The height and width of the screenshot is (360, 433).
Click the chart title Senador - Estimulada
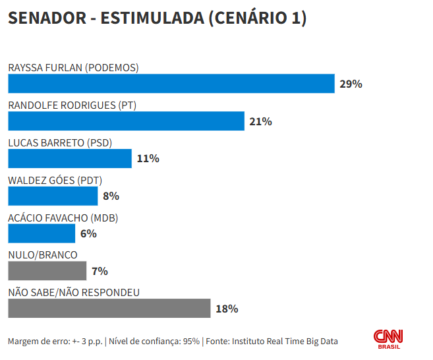click(x=157, y=18)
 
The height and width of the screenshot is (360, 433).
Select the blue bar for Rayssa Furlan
click(x=171, y=84)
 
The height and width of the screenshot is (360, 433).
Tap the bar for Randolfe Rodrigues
click(x=126, y=121)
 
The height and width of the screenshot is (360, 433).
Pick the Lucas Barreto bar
click(x=70, y=158)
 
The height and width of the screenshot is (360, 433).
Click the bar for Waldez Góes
click(x=53, y=196)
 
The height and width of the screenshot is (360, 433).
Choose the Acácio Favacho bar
click(x=42, y=233)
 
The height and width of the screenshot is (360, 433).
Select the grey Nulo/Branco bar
click(x=47, y=271)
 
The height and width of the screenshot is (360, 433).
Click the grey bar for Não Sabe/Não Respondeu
click(x=109, y=309)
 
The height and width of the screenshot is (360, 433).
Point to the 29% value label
click(x=351, y=84)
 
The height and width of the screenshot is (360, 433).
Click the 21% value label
click(x=260, y=122)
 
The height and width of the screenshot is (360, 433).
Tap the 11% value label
click(x=148, y=159)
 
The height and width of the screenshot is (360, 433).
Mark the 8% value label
click(x=111, y=196)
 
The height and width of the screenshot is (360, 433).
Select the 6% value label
click(x=88, y=234)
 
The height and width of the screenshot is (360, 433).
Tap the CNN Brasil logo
click(x=389, y=339)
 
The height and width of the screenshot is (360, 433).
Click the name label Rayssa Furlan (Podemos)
click(x=73, y=67)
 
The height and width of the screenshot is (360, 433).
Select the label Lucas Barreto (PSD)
click(x=60, y=142)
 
